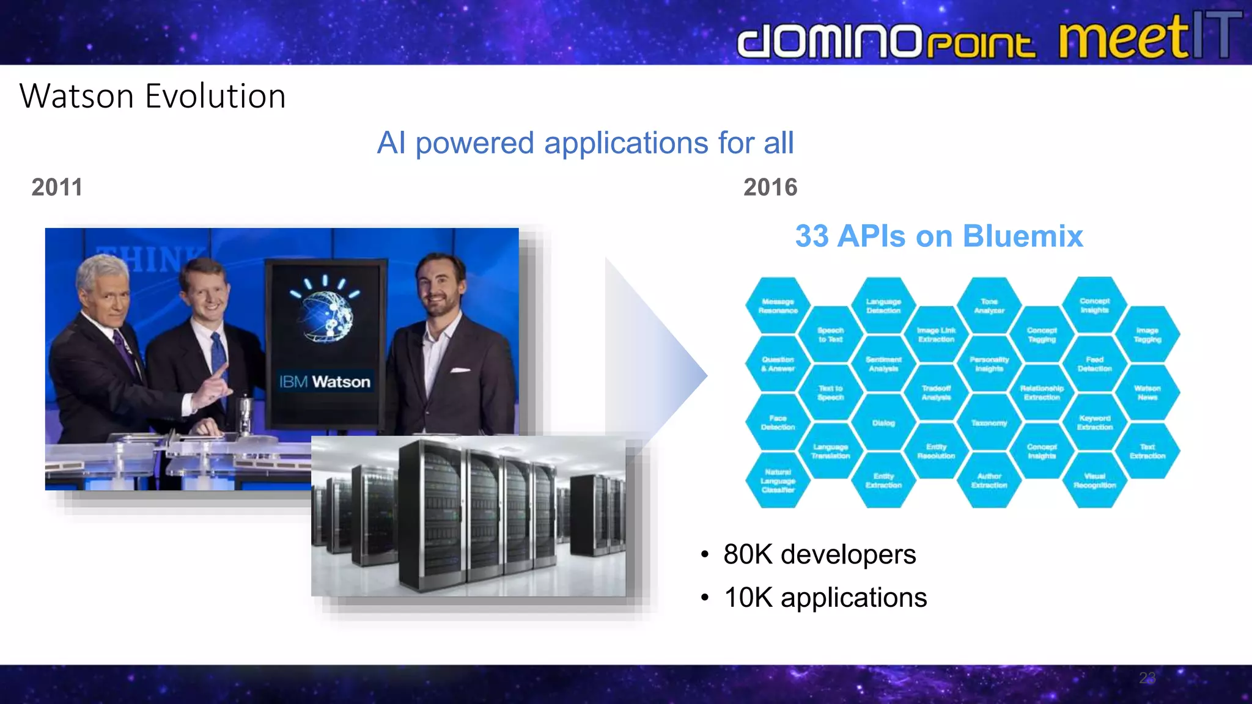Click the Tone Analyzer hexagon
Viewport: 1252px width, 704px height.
(989, 306)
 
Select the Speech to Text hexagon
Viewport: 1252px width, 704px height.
(830, 334)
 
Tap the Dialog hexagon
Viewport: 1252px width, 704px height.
(883, 423)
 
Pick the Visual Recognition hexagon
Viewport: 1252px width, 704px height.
(1094, 480)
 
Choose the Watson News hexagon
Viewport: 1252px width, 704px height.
(1147, 392)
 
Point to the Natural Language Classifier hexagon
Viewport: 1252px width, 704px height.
(778, 480)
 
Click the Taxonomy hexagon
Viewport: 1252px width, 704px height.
(989, 423)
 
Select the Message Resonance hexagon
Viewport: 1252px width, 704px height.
(778, 306)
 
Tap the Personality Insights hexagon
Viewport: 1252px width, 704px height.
(989, 364)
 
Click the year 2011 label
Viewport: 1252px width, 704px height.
(57, 187)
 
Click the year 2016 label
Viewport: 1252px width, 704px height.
(770, 187)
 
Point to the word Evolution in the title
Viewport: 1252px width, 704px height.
(215, 97)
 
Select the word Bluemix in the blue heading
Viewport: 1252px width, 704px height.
(1022, 236)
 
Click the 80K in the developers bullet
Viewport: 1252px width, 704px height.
(748, 554)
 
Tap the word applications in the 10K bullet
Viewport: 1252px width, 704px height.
(853, 598)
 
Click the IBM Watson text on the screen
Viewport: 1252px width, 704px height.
(325, 382)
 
